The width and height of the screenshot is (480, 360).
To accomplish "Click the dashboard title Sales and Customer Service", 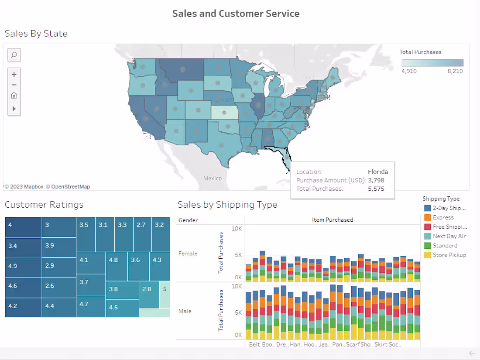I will pos(236,14).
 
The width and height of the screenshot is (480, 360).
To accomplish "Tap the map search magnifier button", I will pos(14,55).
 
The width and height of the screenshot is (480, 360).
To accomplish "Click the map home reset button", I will pos(14,96).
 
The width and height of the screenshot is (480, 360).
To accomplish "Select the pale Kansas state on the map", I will pos(225,113).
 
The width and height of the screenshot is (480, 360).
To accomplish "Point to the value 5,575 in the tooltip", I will pos(376,189).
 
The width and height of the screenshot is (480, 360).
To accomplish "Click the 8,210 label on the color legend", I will pos(455,71).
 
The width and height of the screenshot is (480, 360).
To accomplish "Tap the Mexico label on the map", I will pos(213,178).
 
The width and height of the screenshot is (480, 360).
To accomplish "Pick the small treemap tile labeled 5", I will pos(165,289).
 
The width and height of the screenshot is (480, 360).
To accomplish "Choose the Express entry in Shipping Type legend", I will pos(443,217).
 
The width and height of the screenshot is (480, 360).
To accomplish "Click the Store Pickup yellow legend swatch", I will pos(428,255).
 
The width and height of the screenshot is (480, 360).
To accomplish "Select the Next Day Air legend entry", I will pos(449,236).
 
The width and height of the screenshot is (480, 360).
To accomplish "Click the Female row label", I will pos(188,254).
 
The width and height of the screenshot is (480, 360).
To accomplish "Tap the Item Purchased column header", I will pos(333,220).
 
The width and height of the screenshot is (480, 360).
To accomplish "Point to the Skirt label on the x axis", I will pos(381,344).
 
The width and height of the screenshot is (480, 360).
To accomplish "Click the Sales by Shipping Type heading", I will pos(227,204).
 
